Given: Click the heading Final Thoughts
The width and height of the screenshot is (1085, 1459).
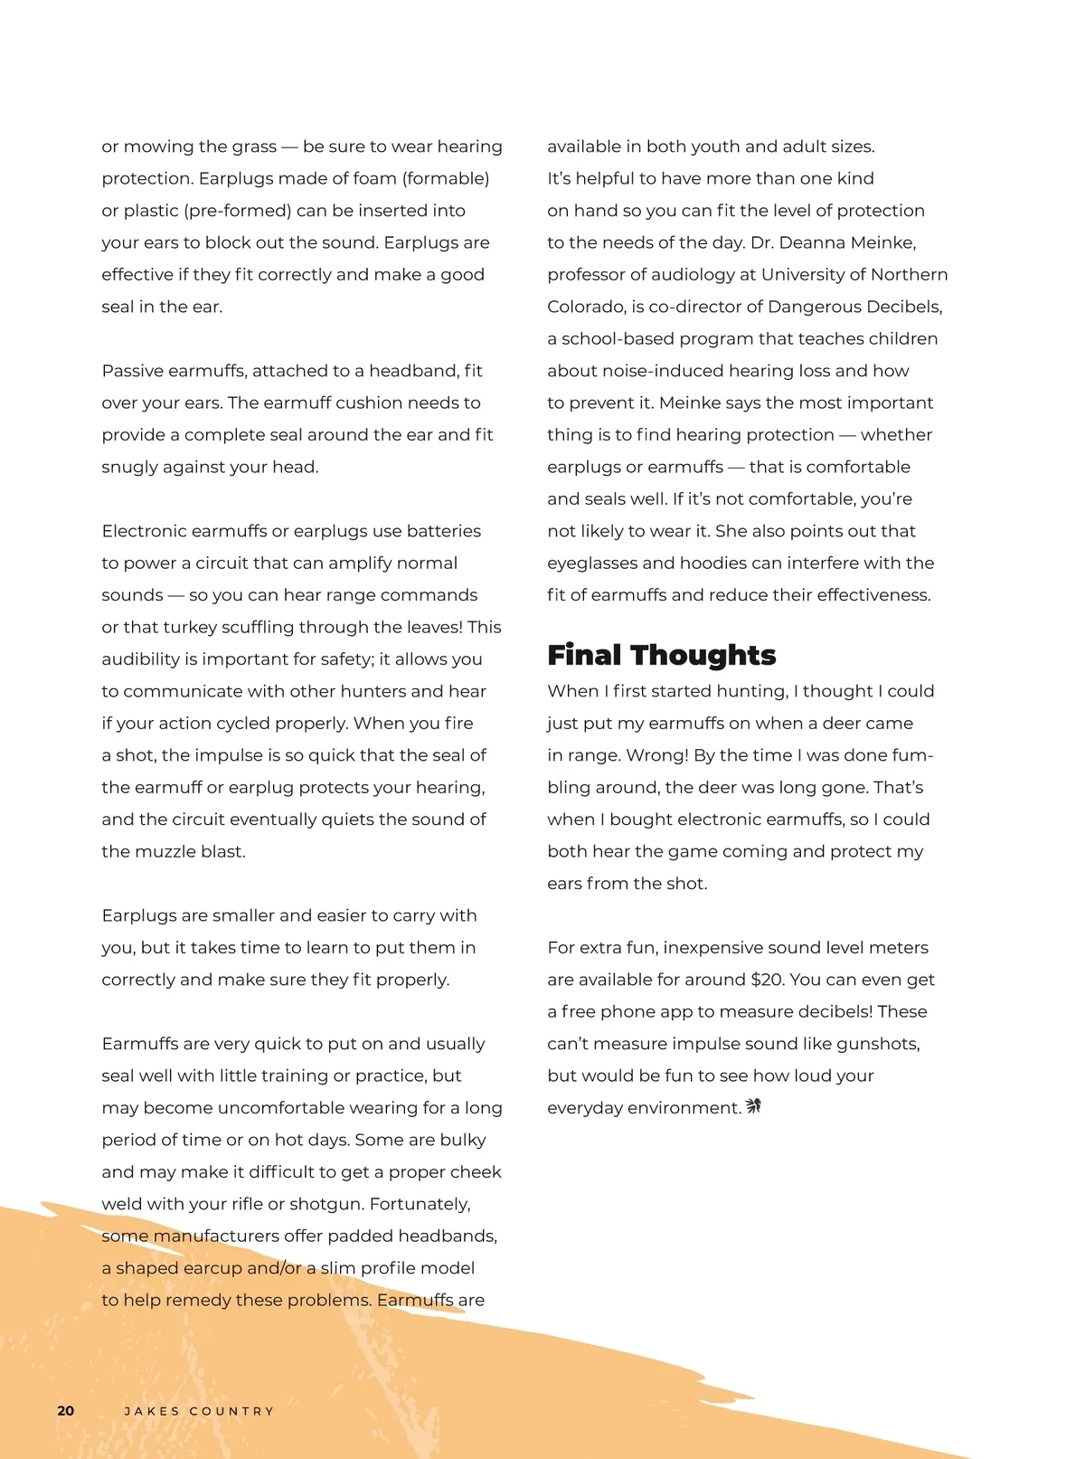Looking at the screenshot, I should pyautogui.click(x=661, y=654).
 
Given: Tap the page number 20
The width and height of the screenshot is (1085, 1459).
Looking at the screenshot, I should pyautogui.click(x=66, y=1411).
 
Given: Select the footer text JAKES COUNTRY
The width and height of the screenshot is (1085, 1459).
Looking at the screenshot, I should pyautogui.click(x=199, y=1411).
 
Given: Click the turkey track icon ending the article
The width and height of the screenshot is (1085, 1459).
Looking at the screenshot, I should pyautogui.click(x=753, y=1106).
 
